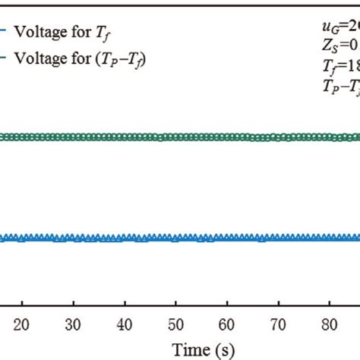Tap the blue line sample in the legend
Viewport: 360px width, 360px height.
(x=4, y=33)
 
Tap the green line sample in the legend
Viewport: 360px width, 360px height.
(x=4, y=57)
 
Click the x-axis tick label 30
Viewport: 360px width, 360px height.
(x=73, y=322)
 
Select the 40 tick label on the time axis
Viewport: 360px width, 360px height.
(x=125, y=322)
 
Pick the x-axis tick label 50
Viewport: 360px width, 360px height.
(x=175, y=322)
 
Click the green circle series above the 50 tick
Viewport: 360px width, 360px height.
(x=175, y=137)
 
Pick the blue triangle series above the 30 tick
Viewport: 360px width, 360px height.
(x=73, y=238)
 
